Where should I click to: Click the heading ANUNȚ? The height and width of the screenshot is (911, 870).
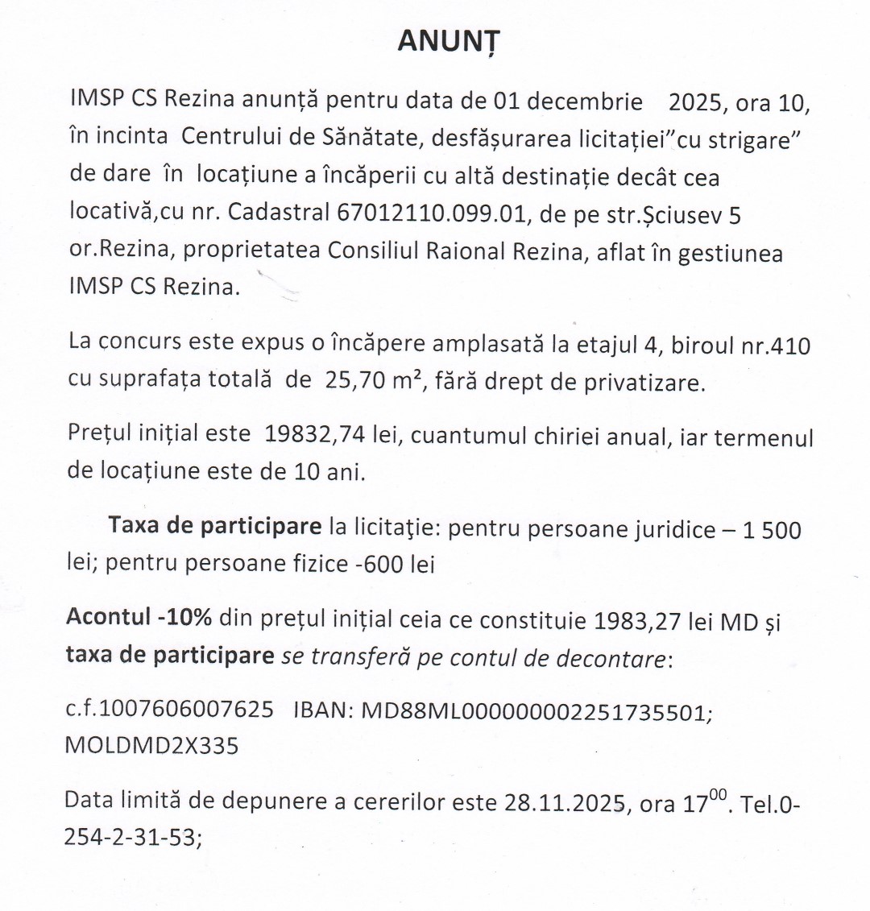[449, 42]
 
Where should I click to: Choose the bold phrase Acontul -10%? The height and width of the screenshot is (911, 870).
[139, 617]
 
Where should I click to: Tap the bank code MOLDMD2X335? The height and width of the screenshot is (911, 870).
[151, 745]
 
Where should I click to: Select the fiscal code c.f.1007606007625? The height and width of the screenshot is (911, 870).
[169, 711]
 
